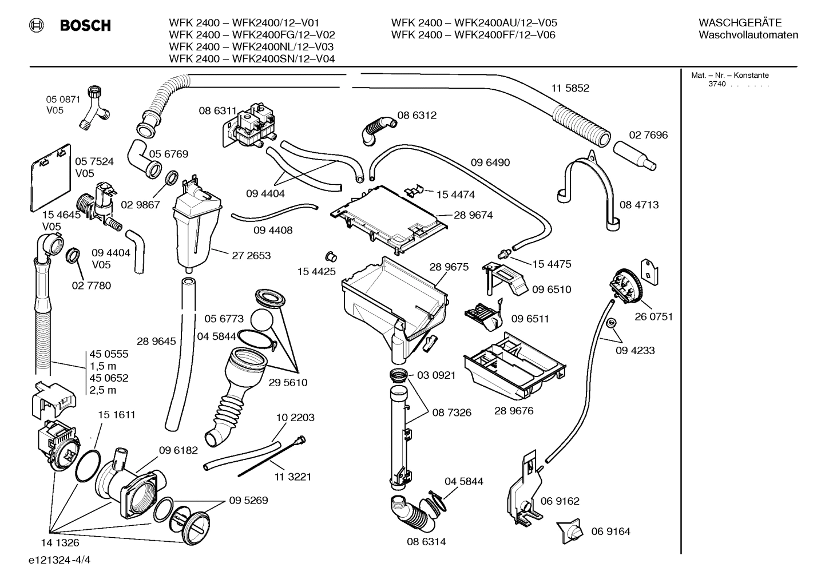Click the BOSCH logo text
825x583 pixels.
pos(85,26)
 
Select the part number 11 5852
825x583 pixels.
pos(570,88)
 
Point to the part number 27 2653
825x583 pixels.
pos(251,256)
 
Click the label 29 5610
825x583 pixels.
pos(288,383)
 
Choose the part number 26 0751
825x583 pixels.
pos(653,316)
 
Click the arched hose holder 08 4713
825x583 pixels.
pos(589,189)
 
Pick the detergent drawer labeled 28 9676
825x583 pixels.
pos(514,366)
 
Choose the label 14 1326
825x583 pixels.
pos(60,543)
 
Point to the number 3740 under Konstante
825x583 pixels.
pos(716,84)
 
